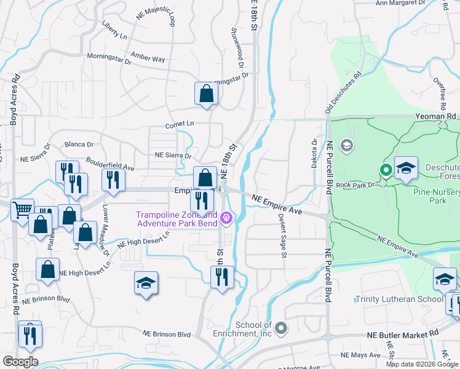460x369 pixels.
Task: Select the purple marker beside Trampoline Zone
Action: point(226,217)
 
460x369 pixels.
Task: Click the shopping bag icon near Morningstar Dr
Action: point(207,94)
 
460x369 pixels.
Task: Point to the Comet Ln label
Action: point(179,124)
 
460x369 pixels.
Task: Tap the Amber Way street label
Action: point(149,58)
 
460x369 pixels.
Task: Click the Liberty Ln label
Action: point(114,32)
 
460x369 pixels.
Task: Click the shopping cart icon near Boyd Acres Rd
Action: point(22,210)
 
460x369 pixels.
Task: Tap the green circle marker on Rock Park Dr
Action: point(386,170)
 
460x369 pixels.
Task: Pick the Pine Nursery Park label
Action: point(437,196)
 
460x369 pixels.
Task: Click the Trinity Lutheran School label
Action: point(399,300)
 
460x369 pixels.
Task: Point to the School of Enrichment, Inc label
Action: point(253,329)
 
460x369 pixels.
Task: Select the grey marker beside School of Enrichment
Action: point(281,327)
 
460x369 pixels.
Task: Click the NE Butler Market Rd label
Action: point(402,333)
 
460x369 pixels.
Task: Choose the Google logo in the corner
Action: point(20,361)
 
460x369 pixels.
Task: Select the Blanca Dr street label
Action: point(79,145)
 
